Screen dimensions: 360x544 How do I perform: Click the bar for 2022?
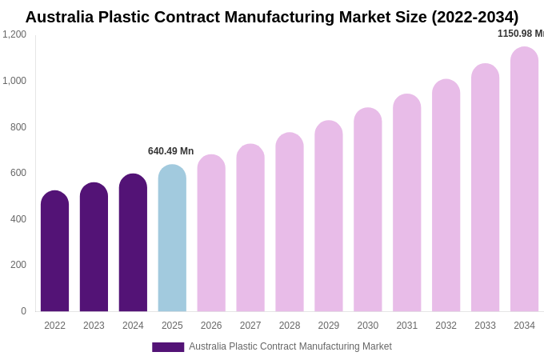point(54,251)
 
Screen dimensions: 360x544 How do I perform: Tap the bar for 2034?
point(524,179)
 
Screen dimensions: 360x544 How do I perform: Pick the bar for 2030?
point(368,210)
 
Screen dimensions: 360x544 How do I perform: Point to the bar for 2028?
point(290,222)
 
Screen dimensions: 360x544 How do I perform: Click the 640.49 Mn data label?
point(170,151)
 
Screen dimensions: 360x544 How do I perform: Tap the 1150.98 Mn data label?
point(520,34)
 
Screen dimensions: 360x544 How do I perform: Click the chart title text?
point(272,17)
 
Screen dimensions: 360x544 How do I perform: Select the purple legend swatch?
point(168,347)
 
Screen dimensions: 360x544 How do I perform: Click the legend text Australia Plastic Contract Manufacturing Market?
point(290,346)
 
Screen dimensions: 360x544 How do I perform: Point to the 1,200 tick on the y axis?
point(14,34)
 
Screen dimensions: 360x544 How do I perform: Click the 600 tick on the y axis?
point(18,173)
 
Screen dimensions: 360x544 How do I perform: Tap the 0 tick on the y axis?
point(23,311)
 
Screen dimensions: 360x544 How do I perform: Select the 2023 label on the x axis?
point(94,326)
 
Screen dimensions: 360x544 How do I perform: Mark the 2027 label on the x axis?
point(250,326)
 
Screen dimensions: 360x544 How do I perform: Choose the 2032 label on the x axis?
point(446,326)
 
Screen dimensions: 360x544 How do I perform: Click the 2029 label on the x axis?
point(329,326)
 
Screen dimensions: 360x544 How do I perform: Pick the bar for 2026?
point(211,233)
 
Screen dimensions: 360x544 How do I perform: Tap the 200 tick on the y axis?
point(18,265)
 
